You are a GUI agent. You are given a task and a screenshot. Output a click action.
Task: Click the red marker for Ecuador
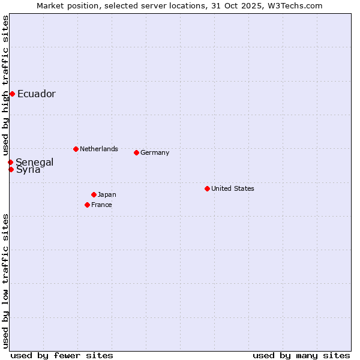coord(12,94)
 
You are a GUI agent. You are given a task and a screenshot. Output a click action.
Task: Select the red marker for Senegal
coord(10,162)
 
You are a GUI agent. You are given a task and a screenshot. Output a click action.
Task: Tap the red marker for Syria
coord(11,169)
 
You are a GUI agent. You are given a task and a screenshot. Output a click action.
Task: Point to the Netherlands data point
coord(76,149)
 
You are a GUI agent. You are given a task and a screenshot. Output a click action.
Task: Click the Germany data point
coord(136,152)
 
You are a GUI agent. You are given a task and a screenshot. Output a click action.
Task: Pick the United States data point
coord(207,188)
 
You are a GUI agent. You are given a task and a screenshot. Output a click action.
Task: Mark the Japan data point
coord(94,194)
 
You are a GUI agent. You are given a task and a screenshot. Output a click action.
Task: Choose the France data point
coord(87,205)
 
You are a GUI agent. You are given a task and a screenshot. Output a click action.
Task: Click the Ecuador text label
coord(37,94)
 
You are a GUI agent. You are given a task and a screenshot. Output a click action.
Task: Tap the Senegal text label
coord(35,163)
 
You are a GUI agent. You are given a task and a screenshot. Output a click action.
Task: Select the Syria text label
coord(29,170)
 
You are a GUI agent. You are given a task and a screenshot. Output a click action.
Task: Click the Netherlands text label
coord(99,149)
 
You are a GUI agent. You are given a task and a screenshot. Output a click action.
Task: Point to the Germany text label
coord(155,152)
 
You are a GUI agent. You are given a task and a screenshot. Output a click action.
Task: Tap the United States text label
coord(233,188)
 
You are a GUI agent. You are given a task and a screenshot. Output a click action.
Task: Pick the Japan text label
coord(107,194)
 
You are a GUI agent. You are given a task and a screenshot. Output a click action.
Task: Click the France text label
coord(101,205)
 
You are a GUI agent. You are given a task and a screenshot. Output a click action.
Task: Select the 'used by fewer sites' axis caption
coord(62,355)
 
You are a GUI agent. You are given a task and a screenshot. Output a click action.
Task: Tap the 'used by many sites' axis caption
coord(301,355)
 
